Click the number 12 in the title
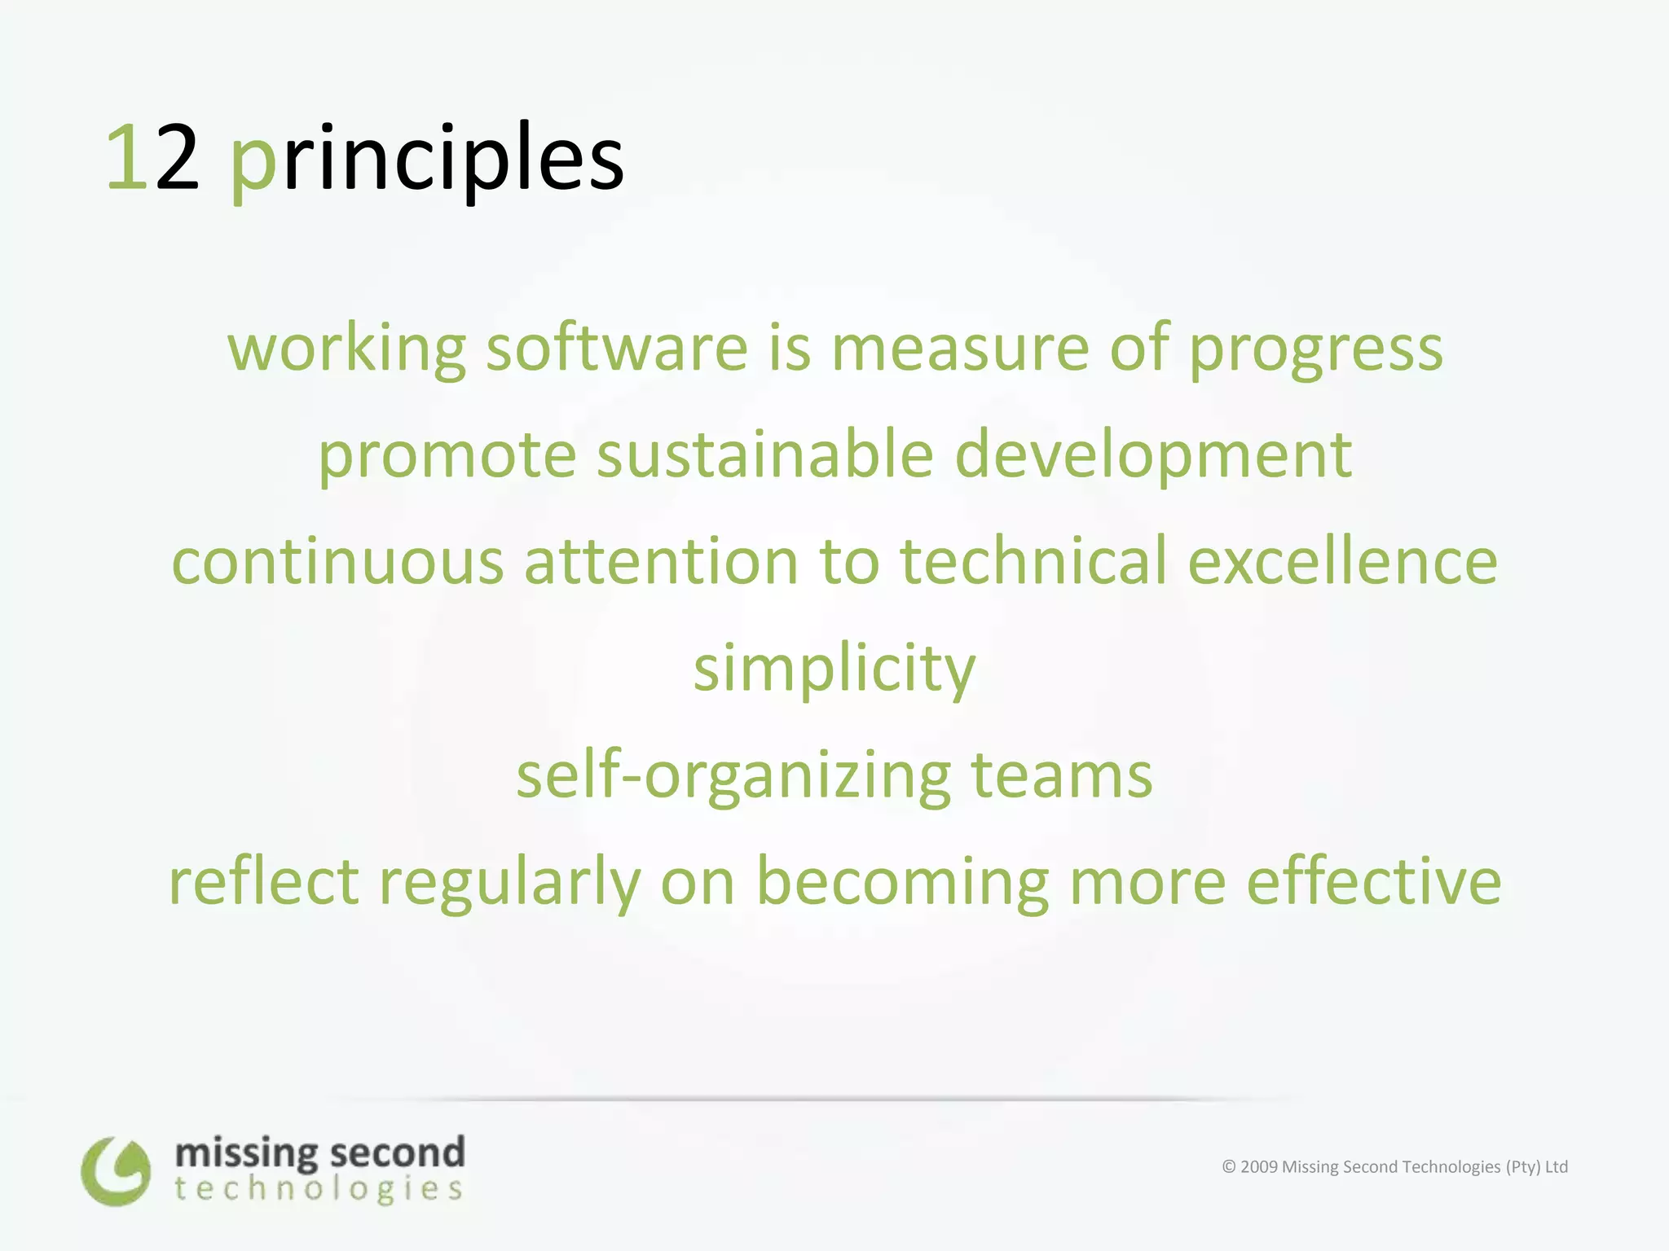click(152, 157)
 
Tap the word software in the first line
click(617, 349)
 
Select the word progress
click(1315, 349)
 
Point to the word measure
click(959, 349)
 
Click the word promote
click(447, 455)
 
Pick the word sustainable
click(764, 455)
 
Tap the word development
click(1152, 455)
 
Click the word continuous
click(337, 562)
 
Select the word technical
click(1033, 562)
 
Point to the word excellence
click(1342, 562)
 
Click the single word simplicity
click(834, 669)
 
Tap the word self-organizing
click(733, 775)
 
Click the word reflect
click(263, 882)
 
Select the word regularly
click(510, 882)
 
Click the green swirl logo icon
click(116, 1171)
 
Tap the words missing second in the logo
click(319, 1152)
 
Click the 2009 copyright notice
click(1394, 1166)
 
